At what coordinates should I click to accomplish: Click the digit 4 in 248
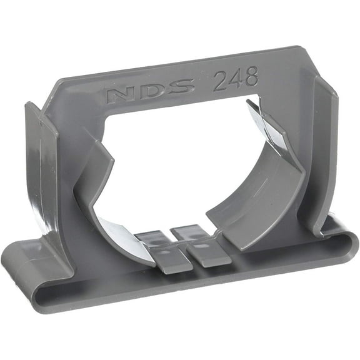point(236,80)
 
